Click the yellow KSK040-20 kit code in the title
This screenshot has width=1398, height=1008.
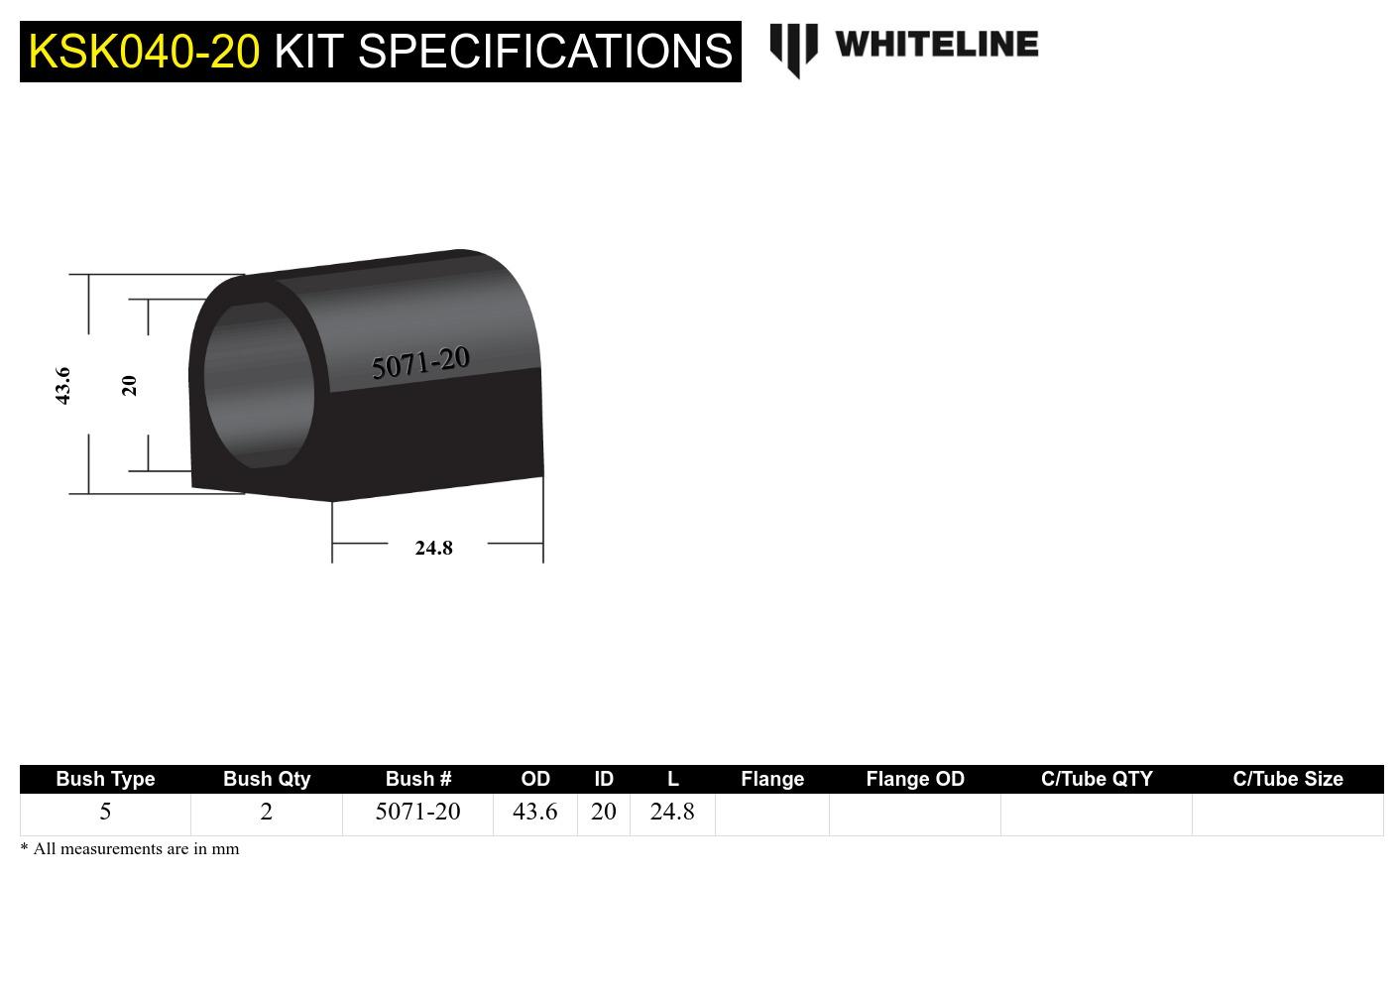(x=144, y=52)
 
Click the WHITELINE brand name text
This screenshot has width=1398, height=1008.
(x=936, y=45)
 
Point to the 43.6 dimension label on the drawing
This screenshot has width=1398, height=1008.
(x=62, y=385)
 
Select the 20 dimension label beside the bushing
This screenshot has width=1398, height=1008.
(x=129, y=385)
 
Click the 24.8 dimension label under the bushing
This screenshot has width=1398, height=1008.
(x=433, y=548)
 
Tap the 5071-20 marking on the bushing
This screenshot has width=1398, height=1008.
(x=419, y=363)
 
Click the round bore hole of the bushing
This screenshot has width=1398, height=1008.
(x=259, y=385)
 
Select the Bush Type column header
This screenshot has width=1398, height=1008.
(x=105, y=779)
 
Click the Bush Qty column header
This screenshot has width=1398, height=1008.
(x=267, y=779)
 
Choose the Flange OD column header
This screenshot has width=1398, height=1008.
(x=914, y=779)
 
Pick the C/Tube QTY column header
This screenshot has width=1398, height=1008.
(x=1097, y=779)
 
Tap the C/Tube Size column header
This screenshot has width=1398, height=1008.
(x=1287, y=779)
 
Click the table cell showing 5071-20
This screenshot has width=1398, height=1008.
(x=417, y=812)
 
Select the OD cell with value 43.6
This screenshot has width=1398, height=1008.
(x=534, y=812)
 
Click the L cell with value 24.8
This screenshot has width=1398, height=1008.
(x=672, y=812)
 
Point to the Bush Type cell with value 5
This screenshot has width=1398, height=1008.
(x=105, y=812)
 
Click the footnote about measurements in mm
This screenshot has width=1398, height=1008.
(x=130, y=849)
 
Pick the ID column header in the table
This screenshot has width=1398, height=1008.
(x=603, y=779)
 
